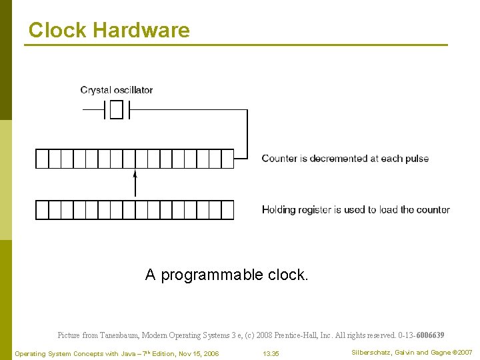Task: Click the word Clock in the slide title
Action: [x=57, y=30]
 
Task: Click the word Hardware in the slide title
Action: [x=141, y=30]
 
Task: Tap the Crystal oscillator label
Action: [x=117, y=90]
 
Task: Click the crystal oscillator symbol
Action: [x=117, y=109]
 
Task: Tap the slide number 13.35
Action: [x=271, y=353]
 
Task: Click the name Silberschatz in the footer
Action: [x=372, y=353]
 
